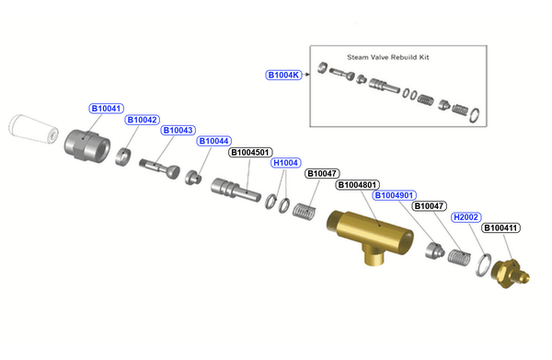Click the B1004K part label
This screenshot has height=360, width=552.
[283, 75]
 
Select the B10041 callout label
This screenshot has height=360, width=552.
[106, 109]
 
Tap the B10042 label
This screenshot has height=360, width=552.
[143, 120]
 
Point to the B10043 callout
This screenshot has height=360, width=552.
[178, 131]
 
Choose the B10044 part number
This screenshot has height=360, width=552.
[214, 141]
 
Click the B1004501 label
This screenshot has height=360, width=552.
[250, 153]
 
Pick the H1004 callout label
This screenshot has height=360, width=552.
[285, 163]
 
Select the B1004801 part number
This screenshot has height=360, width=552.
[357, 185]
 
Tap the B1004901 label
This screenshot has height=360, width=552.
[394, 195]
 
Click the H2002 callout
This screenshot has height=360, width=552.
[466, 217]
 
